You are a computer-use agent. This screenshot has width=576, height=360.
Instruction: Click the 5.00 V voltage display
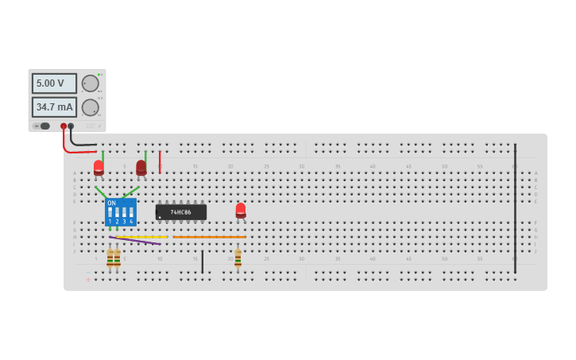pyautogui.click(x=54, y=83)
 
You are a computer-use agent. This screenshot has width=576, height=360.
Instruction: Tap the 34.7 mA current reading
pyautogui.click(x=54, y=106)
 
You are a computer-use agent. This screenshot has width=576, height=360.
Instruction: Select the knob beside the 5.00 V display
pyautogui.click(x=91, y=83)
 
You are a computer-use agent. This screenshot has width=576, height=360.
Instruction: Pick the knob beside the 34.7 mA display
pyautogui.click(x=91, y=107)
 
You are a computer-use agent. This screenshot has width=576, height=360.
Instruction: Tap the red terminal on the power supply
pyautogui.click(x=64, y=126)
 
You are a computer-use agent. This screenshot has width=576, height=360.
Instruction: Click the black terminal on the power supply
pyautogui.click(x=71, y=126)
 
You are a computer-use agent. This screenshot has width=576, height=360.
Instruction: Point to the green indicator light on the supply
pyautogui.click(x=99, y=75)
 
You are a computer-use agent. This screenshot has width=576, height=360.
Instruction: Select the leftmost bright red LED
pyautogui.click(x=99, y=168)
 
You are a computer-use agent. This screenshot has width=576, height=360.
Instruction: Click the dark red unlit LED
pyautogui.click(x=141, y=168)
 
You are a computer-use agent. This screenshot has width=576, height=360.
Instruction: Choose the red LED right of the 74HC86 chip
pyautogui.click(x=241, y=210)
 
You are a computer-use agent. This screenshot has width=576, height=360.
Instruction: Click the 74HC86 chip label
pyautogui.click(x=181, y=212)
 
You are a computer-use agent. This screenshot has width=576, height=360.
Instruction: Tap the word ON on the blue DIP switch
pyautogui.click(x=112, y=203)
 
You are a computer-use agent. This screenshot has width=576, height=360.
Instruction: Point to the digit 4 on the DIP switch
pyautogui.click(x=131, y=221)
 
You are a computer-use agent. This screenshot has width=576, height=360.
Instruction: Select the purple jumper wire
pyautogui.click(x=135, y=239)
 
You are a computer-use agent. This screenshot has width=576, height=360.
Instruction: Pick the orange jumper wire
pyautogui.click(x=210, y=237)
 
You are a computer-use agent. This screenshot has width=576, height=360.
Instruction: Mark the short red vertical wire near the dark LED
pyautogui.click(x=160, y=162)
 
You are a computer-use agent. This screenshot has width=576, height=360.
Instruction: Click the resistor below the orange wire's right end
pyautogui.click(x=238, y=258)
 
